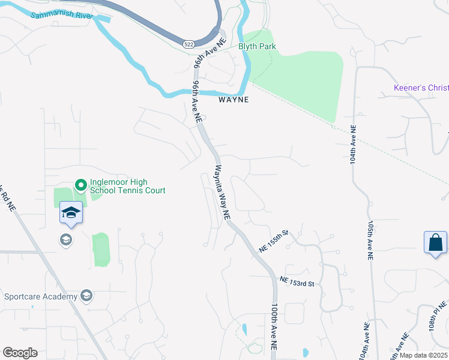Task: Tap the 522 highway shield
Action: (188, 44)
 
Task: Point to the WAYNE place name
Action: (233, 100)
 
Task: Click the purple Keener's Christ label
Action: (421, 88)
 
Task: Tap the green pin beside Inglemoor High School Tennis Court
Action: (80, 185)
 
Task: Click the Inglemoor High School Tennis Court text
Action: (127, 186)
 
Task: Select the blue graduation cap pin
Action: (71, 213)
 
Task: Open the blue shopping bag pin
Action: (435, 242)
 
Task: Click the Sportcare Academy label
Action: (41, 296)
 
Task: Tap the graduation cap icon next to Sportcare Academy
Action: (86, 296)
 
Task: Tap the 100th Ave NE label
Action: (275, 326)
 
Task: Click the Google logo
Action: (20, 353)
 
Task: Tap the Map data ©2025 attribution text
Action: (423, 355)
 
